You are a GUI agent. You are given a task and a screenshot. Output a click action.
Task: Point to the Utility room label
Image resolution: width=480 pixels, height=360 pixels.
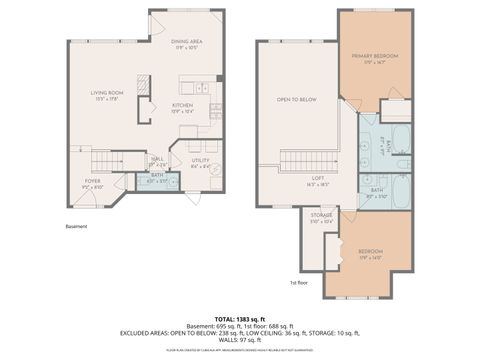click(200, 162)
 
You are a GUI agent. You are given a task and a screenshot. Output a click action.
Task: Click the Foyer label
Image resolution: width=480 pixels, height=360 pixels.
click(91, 183)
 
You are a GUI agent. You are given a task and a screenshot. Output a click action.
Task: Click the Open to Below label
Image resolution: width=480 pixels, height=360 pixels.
click(296, 100)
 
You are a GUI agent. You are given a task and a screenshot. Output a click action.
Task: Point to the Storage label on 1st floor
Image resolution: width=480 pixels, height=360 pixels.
click(321, 217)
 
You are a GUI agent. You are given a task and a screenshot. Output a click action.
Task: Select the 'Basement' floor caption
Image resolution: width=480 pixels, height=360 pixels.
click(77, 226)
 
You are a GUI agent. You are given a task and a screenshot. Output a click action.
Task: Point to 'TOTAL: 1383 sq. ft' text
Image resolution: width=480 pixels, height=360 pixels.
click(240, 317)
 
